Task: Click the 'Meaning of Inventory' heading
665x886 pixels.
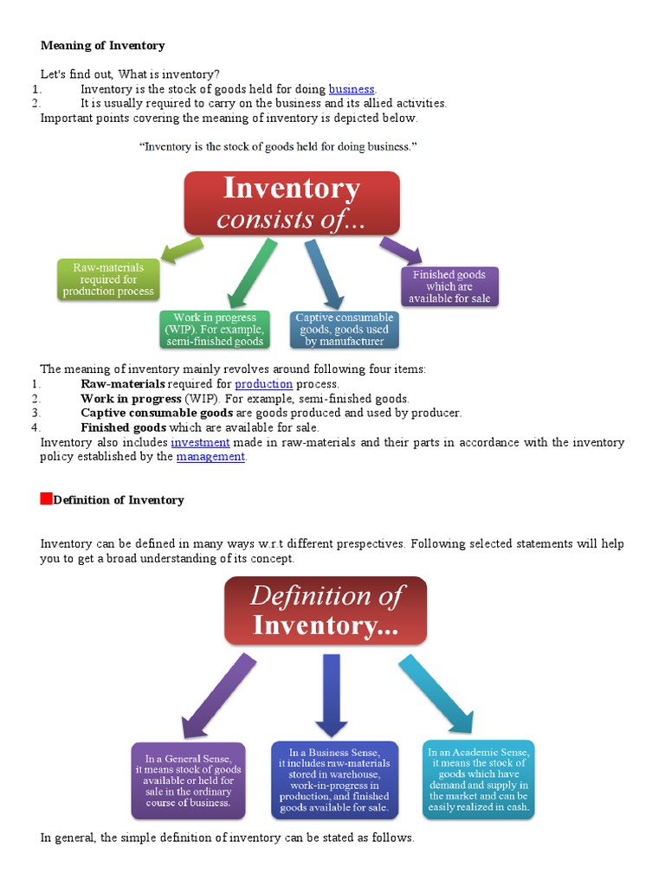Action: tap(102, 45)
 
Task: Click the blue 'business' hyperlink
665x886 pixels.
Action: tap(352, 89)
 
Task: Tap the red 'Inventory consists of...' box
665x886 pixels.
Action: tap(291, 203)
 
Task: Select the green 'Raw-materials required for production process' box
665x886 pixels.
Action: tap(107, 279)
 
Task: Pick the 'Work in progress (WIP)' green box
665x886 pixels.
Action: tap(215, 329)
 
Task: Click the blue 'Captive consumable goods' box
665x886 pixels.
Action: tap(344, 329)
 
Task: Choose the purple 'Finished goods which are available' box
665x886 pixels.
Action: tap(449, 286)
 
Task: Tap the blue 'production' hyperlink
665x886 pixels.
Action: tap(263, 384)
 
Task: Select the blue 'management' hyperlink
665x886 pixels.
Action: tap(210, 457)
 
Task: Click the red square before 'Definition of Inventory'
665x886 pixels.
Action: tap(47, 498)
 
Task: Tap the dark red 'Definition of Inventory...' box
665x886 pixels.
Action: tap(326, 610)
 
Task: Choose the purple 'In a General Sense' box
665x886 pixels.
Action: tap(188, 780)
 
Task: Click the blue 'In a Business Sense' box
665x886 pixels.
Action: tap(334, 780)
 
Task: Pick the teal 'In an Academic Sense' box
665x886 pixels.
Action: tap(478, 778)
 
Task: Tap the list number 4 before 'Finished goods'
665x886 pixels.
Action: tap(35, 427)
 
